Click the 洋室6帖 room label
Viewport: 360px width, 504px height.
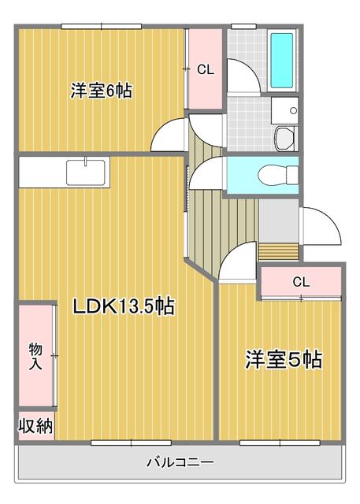pyautogui.click(x=100, y=91)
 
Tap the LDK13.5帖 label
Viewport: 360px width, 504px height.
pyautogui.click(x=124, y=306)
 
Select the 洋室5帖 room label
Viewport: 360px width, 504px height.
pyautogui.click(x=284, y=360)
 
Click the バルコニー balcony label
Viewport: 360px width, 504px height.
pyautogui.click(x=180, y=461)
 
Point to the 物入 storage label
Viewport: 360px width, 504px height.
pyautogui.click(x=35, y=356)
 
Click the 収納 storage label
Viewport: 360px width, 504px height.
pyautogui.click(x=35, y=427)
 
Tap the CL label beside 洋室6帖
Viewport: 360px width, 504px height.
pyautogui.click(x=205, y=70)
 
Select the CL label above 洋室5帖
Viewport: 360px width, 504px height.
pyautogui.click(x=300, y=281)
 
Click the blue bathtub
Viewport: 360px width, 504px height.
pyautogui.click(x=281, y=59)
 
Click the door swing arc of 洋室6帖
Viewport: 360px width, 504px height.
pyautogui.click(x=169, y=135)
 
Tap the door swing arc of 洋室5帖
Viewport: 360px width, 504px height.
pyautogui.click(x=236, y=264)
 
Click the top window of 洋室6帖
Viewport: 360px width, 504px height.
pyautogui.click(x=101, y=27)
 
